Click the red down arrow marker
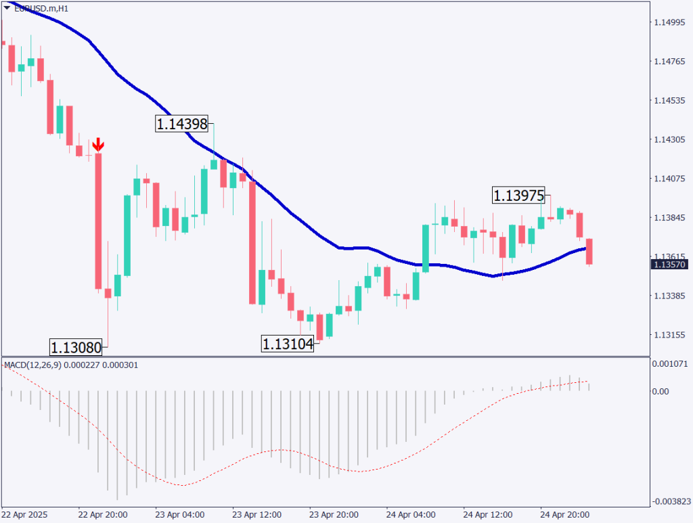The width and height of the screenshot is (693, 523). coord(98,144)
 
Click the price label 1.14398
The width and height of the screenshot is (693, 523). coord(182,124)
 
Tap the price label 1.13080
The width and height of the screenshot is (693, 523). coord(76,348)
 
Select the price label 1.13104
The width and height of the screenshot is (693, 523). coord(288,344)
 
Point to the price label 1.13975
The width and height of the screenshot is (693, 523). coord(518,196)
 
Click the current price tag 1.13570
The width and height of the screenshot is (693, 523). coord(669,265)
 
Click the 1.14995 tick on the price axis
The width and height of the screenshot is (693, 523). coord(669,22)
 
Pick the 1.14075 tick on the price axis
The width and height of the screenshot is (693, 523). coord(669,179)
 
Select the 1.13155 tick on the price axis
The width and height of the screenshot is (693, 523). coord(669,335)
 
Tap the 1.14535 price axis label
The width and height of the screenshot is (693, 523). coord(669,101)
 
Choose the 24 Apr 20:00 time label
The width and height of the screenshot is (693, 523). coord(564,514)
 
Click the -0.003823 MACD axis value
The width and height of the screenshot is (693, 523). coord(670,501)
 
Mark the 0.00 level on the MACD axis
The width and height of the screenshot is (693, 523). coord(662,391)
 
